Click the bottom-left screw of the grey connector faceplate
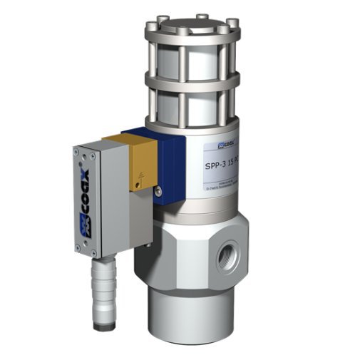96,252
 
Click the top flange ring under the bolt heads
194,35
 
